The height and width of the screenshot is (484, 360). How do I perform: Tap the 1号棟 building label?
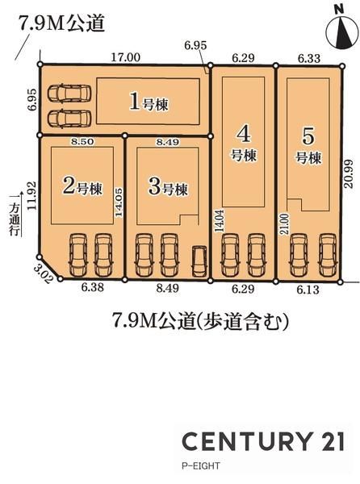tap(149, 102)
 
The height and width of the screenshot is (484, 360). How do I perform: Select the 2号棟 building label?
tap(82, 186)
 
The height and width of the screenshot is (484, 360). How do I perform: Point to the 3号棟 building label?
tap(168, 186)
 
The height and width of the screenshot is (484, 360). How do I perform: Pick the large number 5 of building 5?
tap(308, 136)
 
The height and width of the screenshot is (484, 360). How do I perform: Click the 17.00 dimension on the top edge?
tap(125, 58)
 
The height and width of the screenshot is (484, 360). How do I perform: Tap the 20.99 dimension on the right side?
tap(348, 173)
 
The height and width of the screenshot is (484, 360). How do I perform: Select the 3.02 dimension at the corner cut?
tap(44, 275)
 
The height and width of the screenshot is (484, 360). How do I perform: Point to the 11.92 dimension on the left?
tap(31, 195)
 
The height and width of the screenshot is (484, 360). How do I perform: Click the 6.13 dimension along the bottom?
tap(308, 290)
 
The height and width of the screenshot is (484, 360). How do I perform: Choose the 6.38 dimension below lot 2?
tap(92, 288)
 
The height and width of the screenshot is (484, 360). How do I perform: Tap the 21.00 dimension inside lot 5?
tap(285, 223)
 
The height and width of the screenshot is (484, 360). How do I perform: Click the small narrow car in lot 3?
tap(199, 261)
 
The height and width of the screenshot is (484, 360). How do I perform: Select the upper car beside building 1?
tap(69, 93)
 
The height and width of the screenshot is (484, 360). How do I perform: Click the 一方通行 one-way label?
tap(15, 215)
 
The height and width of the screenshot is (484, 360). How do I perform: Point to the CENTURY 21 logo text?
tap(263, 441)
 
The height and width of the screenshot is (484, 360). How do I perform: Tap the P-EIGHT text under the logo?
tap(201, 465)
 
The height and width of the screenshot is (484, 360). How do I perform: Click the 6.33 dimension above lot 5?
tap(309, 58)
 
